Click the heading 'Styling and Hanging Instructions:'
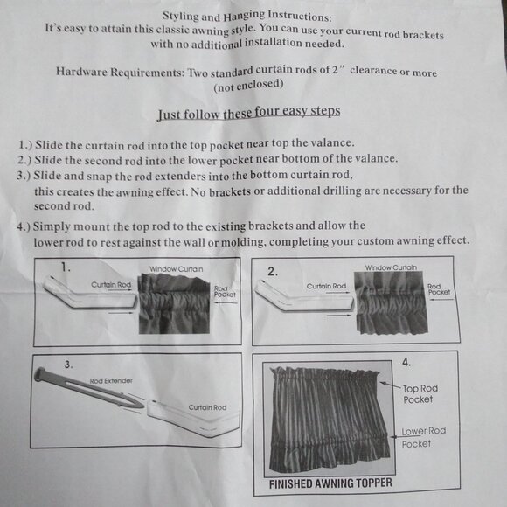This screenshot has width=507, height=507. tap(247, 16)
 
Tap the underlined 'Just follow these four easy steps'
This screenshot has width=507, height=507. tap(248, 113)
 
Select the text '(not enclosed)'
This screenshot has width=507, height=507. tap(248, 85)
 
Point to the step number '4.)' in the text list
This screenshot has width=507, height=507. tap(24, 226)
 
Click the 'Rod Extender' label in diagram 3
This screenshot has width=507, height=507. tap(111, 381)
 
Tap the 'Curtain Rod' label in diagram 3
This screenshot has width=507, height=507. tap(207, 407)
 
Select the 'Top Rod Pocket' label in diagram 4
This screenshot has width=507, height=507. tap(420, 394)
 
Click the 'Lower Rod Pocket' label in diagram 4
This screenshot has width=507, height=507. tap(423, 437)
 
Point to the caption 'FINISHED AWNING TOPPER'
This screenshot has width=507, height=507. tap(330, 483)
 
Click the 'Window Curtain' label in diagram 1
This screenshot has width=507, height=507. tap(177, 269)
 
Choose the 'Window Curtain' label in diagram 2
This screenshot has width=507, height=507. tap(391, 267)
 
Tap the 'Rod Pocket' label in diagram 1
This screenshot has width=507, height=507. tap(225, 291)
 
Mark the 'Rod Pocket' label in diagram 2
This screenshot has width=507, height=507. tap(439, 289)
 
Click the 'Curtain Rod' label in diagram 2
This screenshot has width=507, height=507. tap(326, 286)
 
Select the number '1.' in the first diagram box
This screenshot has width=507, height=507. tap(66, 267)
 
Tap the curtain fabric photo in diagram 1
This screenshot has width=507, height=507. tap(174, 304)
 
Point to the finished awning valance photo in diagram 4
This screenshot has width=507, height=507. tap(330, 419)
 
